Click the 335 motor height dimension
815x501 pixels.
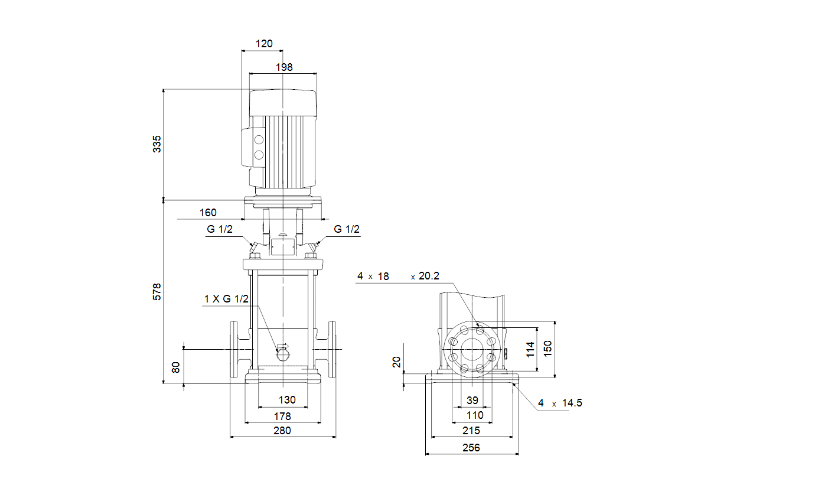(157, 144)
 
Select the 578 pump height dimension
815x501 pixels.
(157, 292)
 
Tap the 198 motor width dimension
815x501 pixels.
(284, 67)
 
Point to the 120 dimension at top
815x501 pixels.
(264, 44)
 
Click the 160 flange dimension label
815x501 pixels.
(208, 213)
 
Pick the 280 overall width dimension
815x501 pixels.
(282, 431)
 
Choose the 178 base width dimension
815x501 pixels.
(282, 416)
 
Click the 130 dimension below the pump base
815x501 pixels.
(287, 400)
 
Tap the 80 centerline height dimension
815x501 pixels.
(176, 367)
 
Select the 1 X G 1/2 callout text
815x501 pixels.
(226, 299)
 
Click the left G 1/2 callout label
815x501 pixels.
(220, 229)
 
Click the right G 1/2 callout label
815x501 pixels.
(347, 229)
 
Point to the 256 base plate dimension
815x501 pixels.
(471, 447)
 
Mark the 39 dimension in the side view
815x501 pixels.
(472, 400)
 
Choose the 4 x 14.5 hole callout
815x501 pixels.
(560, 403)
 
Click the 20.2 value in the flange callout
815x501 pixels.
(429, 276)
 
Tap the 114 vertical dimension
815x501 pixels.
(530, 349)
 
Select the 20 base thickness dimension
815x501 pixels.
(397, 362)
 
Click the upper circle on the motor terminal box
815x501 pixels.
(259, 140)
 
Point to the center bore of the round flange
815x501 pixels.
(472, 350)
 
